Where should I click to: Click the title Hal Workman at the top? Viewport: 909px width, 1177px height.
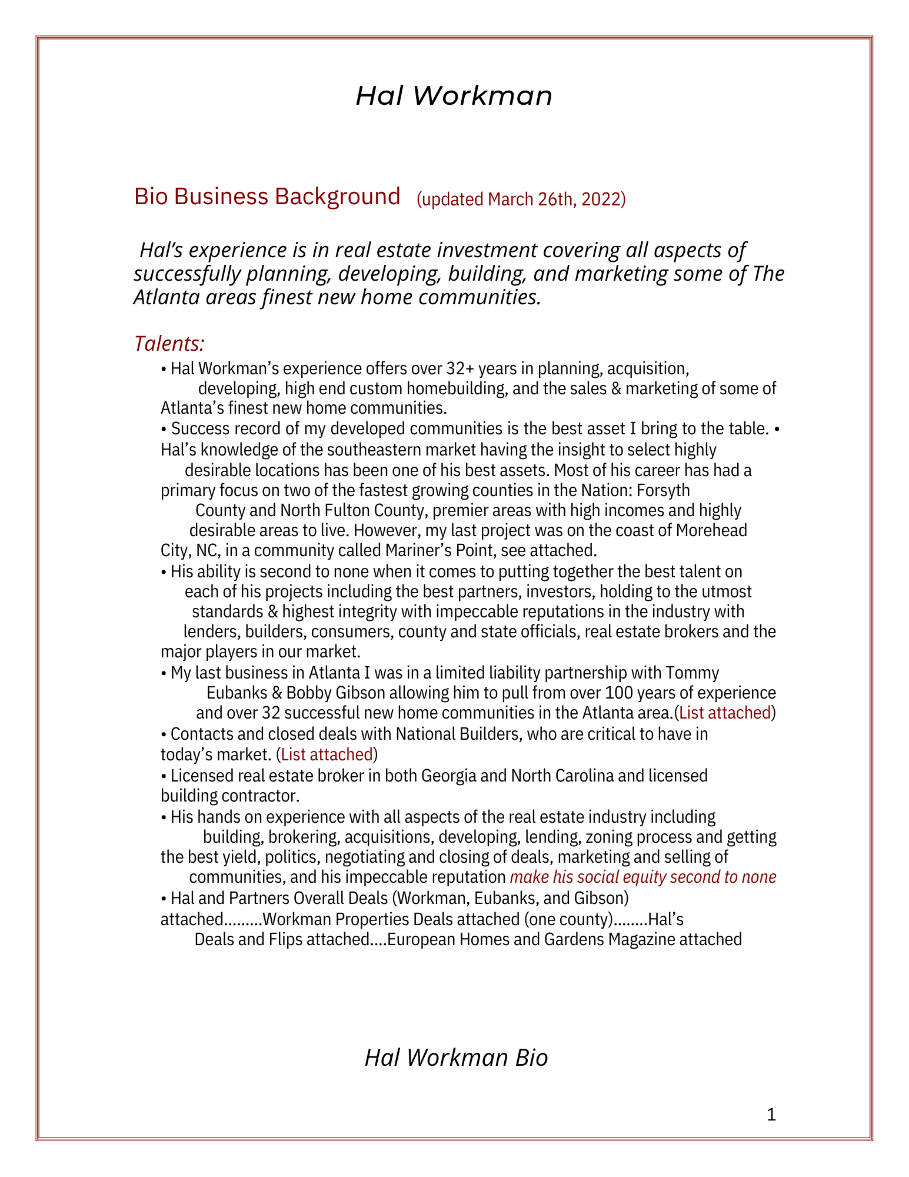click(x=454, y=96)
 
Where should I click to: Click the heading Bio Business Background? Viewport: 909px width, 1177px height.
click(x=267, y=197)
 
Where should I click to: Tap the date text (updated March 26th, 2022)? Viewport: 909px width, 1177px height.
click(x=521, y=200)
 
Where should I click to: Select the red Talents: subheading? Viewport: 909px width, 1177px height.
click(x=169, y=343)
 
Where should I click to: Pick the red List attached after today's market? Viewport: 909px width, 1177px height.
click(x=327, y=754)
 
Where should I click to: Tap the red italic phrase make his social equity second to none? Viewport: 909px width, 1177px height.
click(x=643, y=877)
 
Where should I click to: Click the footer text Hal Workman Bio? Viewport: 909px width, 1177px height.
click(x=456, y=1058)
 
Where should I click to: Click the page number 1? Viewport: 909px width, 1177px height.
click(x=772, y=1115)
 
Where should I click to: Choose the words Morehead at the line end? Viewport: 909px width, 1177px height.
click(x=711, y=530)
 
